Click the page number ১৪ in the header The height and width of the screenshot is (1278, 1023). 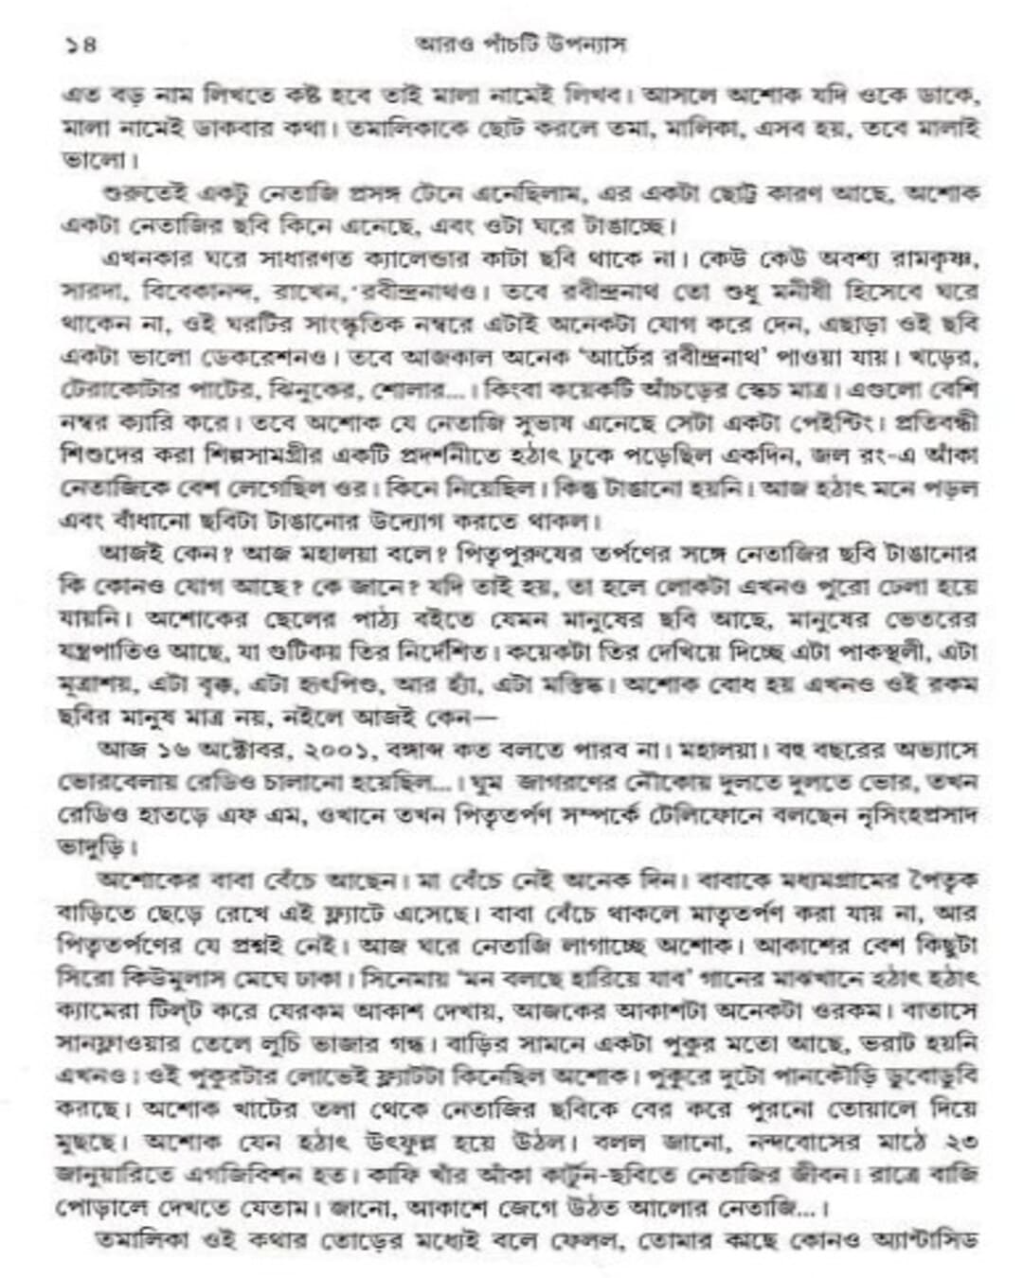[x=81, y=44]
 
